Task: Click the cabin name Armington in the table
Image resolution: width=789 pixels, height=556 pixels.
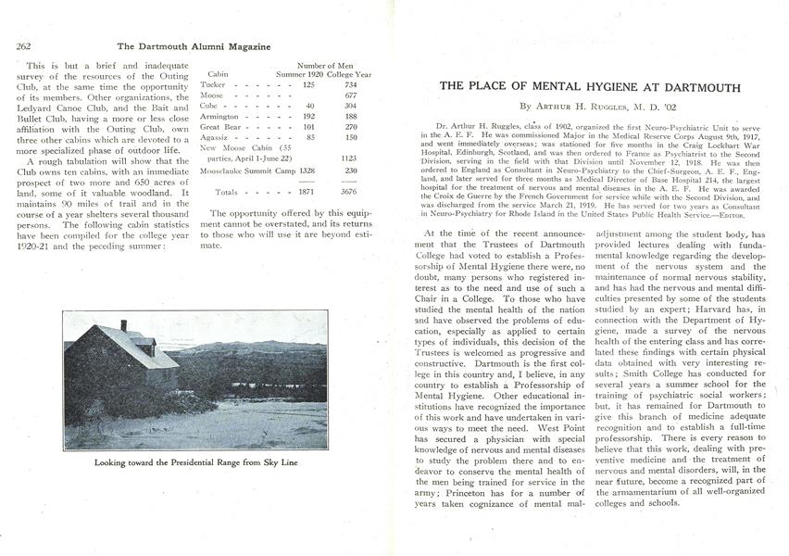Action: point(219,117)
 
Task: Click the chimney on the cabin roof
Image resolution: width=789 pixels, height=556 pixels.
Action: point(123,325)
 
